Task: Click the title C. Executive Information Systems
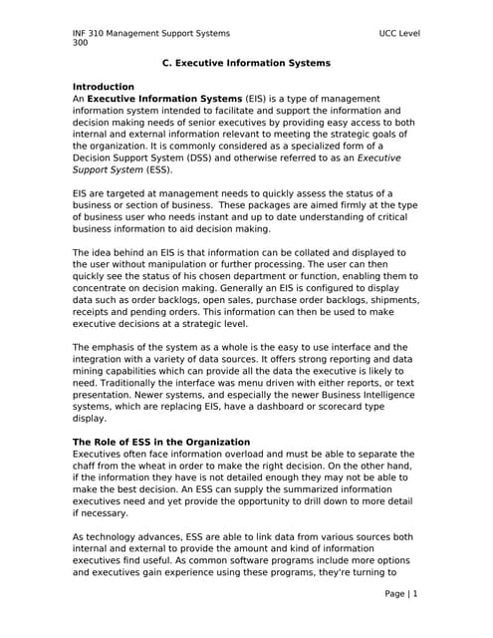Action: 246,63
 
